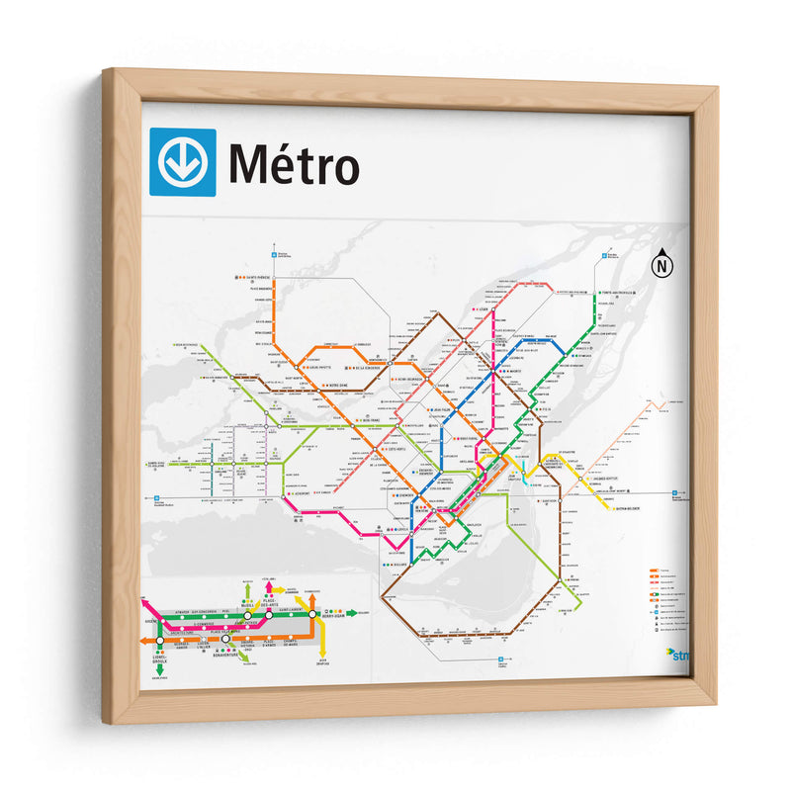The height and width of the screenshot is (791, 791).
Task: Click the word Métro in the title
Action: [294, 165]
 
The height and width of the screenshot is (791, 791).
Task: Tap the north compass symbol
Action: [661, 265]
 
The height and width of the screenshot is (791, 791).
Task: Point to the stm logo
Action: [680, 654]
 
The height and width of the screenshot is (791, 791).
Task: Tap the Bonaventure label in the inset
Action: [224, 654]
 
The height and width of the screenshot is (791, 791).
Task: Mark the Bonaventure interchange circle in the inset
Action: [225, 640]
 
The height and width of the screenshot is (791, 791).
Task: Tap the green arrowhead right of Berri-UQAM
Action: [352, 613]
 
